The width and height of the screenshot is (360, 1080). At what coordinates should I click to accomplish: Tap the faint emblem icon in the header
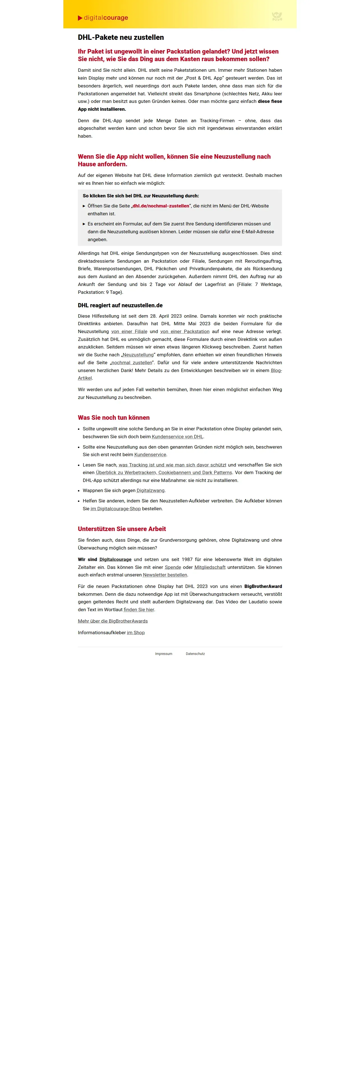pyautogui.click(x=277, y=16)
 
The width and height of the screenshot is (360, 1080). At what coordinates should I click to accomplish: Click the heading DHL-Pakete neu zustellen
pyautogui.click(x=121, y=37)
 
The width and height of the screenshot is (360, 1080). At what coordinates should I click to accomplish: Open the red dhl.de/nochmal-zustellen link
pyautogui.click(x=161, y=206)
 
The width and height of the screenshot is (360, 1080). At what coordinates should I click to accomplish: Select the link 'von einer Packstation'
pyautogui.click(x=185, y=332)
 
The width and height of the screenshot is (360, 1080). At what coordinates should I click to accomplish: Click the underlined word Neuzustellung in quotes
pyautogui.click(x=138, y=355)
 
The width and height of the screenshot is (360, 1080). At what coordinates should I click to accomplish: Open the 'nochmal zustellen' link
pyautogui.click(x=131, y=363)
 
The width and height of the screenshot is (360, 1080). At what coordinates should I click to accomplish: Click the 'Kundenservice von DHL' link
pyautogui.click(x=177, y=437)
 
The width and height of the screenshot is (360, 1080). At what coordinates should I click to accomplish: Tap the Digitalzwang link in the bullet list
pyautogui.click(x=151, y=491)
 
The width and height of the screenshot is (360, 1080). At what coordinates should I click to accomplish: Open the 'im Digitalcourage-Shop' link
pyautogui.click(x=116, y=509)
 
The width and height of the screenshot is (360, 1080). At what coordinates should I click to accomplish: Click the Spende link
pyautogui.click(x=173, y=567)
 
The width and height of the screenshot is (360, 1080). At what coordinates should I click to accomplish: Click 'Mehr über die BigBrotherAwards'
pyautogui.click(x=113, y=621)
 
